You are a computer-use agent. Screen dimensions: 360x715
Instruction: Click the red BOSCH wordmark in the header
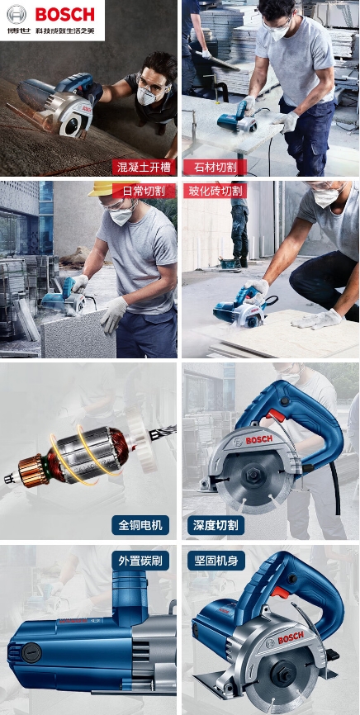(64, 15)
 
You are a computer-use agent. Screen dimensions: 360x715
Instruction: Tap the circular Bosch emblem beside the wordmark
(17, 15)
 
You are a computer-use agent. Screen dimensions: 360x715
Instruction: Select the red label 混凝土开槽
(144, 168)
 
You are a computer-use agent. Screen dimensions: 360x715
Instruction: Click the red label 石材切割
(215, 168)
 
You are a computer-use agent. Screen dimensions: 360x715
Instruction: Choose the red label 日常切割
(144, 191)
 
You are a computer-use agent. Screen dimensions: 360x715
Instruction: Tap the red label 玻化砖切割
(216, 191)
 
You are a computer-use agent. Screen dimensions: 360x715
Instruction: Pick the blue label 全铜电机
(140, 525)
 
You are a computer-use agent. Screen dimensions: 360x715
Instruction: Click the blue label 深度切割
(216, 525)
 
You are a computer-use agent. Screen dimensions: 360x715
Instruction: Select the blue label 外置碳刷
(140, 561)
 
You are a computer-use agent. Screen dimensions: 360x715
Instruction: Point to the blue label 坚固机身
(216, 561)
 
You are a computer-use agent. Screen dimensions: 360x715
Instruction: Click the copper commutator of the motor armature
(32, 471)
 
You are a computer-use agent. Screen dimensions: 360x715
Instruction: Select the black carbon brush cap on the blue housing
(31, 652)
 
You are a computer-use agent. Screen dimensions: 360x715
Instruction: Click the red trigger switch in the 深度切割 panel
(277, 415)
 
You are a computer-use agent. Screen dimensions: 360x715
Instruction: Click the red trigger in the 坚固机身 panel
(280, 592)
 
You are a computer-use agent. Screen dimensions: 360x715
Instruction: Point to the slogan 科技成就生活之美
(66, 32)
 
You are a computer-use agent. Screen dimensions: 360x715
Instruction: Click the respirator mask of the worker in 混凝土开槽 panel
(147, 97)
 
